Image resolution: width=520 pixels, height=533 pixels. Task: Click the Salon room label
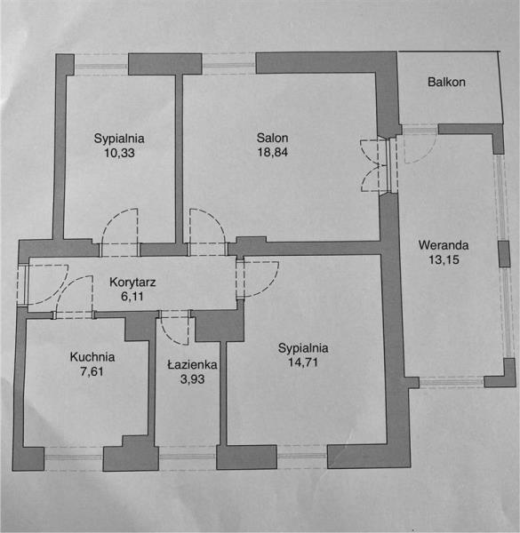(272, 138)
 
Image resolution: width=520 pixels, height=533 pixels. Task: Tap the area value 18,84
(272, 152)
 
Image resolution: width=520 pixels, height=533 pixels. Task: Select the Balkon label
(446, 82)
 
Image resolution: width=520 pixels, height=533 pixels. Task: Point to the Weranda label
(444, 245)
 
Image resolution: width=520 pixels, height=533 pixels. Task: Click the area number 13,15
(444, 259)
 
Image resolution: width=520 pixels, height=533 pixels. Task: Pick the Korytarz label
(132, 282)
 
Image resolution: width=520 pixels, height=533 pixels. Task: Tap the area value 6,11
(132, 297)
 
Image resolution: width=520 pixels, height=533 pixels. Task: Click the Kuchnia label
(92, 357)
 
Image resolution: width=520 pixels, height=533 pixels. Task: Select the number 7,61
(92, 371)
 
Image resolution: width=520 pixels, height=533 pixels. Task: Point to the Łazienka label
(192, 365)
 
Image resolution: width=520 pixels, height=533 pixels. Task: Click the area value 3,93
(193, 379)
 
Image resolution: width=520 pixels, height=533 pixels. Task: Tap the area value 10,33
(119, 153)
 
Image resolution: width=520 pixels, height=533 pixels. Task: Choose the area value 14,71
(303, 362)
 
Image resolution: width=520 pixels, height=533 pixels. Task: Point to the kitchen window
(74, 457)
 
